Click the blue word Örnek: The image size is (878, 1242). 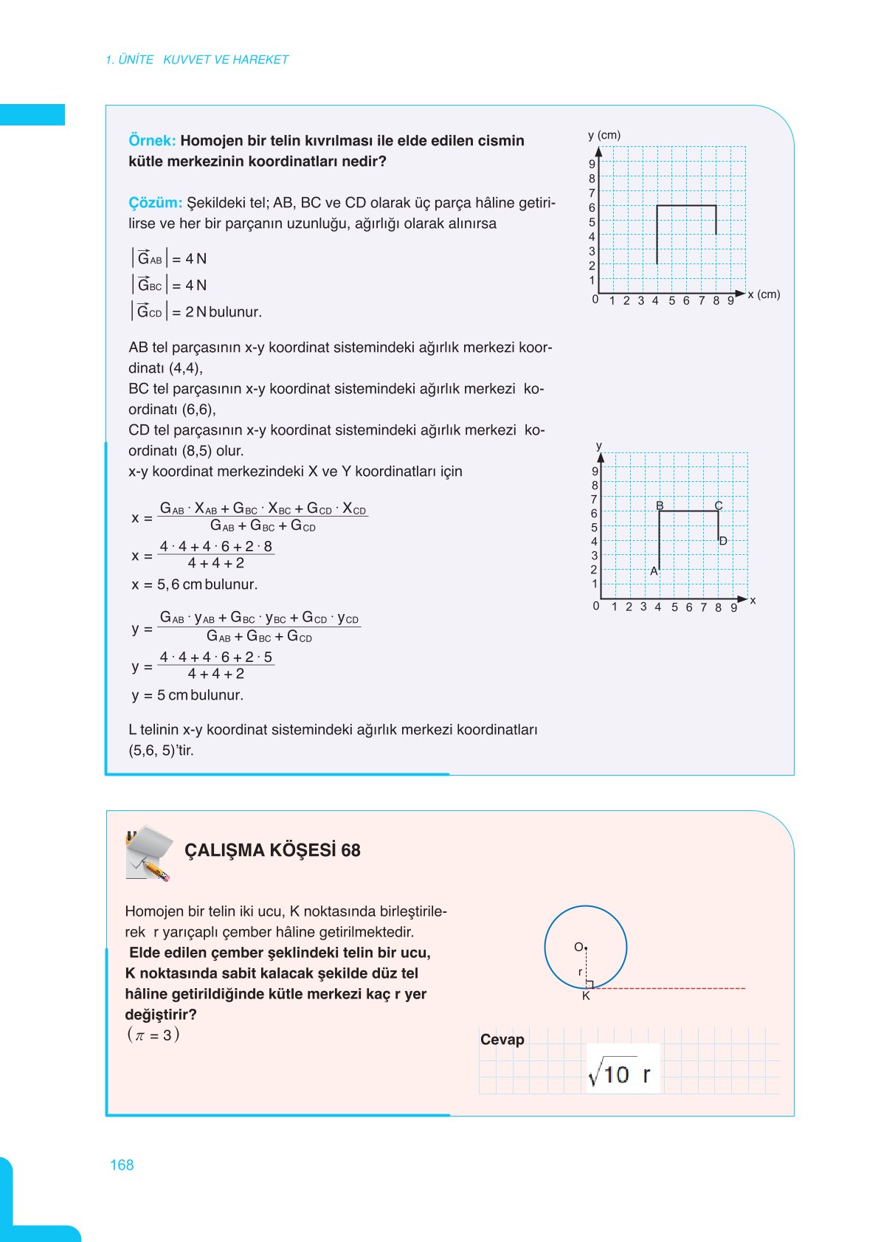pos(152,141)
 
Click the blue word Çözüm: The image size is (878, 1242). pos(155,203)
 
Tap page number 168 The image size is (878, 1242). pos(122,1165)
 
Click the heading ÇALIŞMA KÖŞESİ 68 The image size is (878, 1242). pos(272,851)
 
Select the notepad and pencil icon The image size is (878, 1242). pos(149,853)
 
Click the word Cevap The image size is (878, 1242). pos(502,1040)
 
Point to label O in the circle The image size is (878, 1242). pos(578,947)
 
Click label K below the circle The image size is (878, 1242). pos(586,996)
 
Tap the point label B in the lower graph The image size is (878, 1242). pos(660,506)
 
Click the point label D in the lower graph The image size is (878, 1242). pos(723,541)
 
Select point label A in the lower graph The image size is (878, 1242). pos(654,571)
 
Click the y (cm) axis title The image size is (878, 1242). pos(604,135)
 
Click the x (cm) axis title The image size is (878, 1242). pos(764,294)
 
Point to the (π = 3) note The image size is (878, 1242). pos(153,1035)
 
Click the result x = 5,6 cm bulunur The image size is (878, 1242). pos(195,584)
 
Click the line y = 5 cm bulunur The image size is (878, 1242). pos(187,695)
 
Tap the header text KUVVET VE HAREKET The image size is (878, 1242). pos(226,60)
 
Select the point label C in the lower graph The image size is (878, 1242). pos(718,506)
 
